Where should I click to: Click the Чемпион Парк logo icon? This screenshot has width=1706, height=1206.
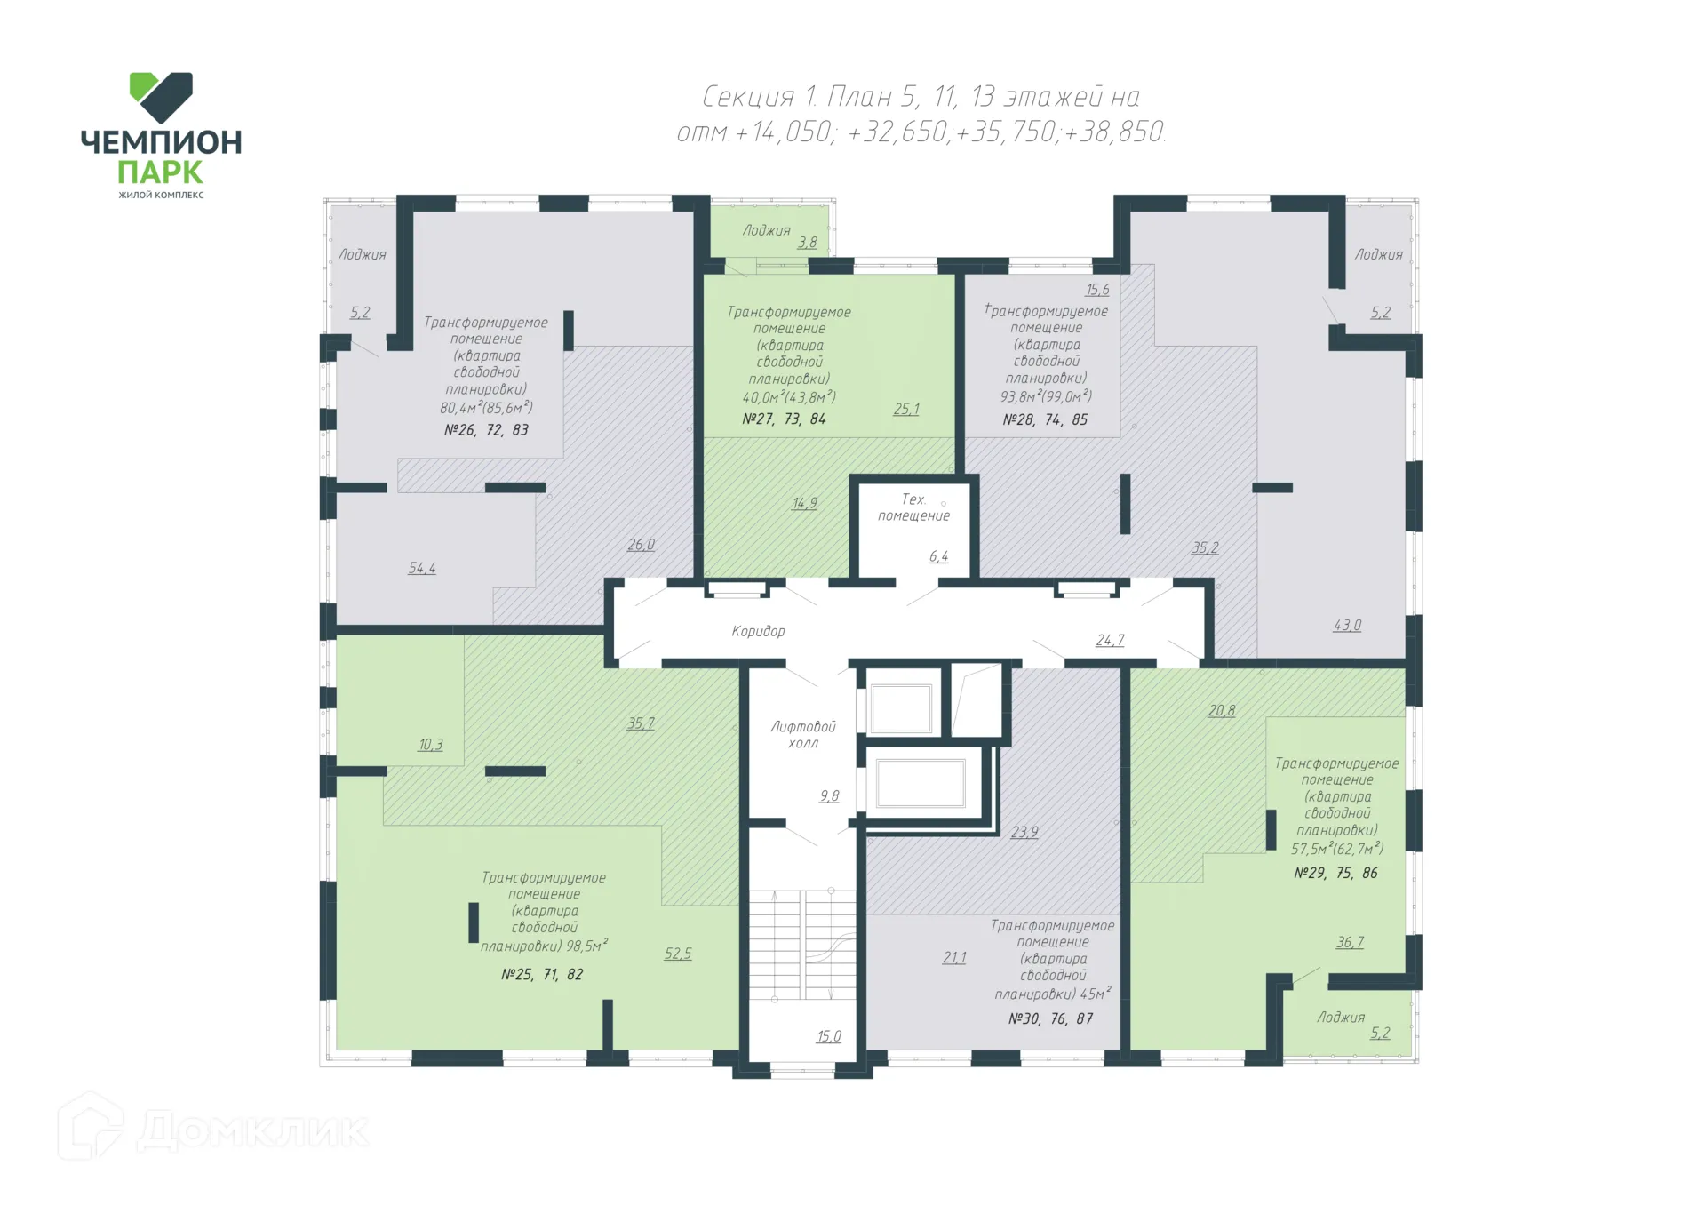[161, 97]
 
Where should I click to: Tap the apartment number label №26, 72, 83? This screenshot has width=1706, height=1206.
[486, 430]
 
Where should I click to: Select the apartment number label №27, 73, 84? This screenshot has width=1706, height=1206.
[784, 419]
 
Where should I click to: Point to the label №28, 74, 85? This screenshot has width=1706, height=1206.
[1045, 419]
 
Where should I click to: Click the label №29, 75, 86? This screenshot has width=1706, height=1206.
[1335, 873]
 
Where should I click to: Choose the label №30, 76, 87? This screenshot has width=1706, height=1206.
[1050, 1018]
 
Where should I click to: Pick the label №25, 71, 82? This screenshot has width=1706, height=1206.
[542, 974]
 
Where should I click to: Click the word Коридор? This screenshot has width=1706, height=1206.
[758, 631]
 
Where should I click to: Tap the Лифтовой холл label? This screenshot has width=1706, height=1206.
[803, 735]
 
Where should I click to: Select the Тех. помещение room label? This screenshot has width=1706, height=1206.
[913, 507]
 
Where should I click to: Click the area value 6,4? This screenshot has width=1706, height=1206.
[938, 556]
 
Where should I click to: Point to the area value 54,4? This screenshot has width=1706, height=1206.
[422, 568]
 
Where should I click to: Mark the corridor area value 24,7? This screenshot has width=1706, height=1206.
[1110, 640]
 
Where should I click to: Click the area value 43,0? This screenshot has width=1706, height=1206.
[1347, 625]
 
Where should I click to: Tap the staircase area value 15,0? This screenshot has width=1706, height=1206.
[829, 1036]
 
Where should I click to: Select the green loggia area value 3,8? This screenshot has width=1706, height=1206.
[807, 242]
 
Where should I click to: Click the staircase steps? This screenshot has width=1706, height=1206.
[802, 944]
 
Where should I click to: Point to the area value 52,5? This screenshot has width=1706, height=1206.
[678, 954]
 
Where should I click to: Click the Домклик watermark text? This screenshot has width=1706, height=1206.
[252, 1130]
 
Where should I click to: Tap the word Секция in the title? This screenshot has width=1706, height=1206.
[748, 96]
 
